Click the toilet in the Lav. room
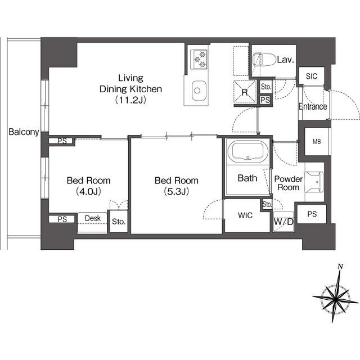coord(263,59)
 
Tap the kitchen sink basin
coord(199,89)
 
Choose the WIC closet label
coord(246,215)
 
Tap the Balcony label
coord(24,133)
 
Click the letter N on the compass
coord(340,266)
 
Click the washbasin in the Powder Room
coord(314,180)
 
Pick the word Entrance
coord(313,107)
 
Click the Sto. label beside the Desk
coord(118,222)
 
